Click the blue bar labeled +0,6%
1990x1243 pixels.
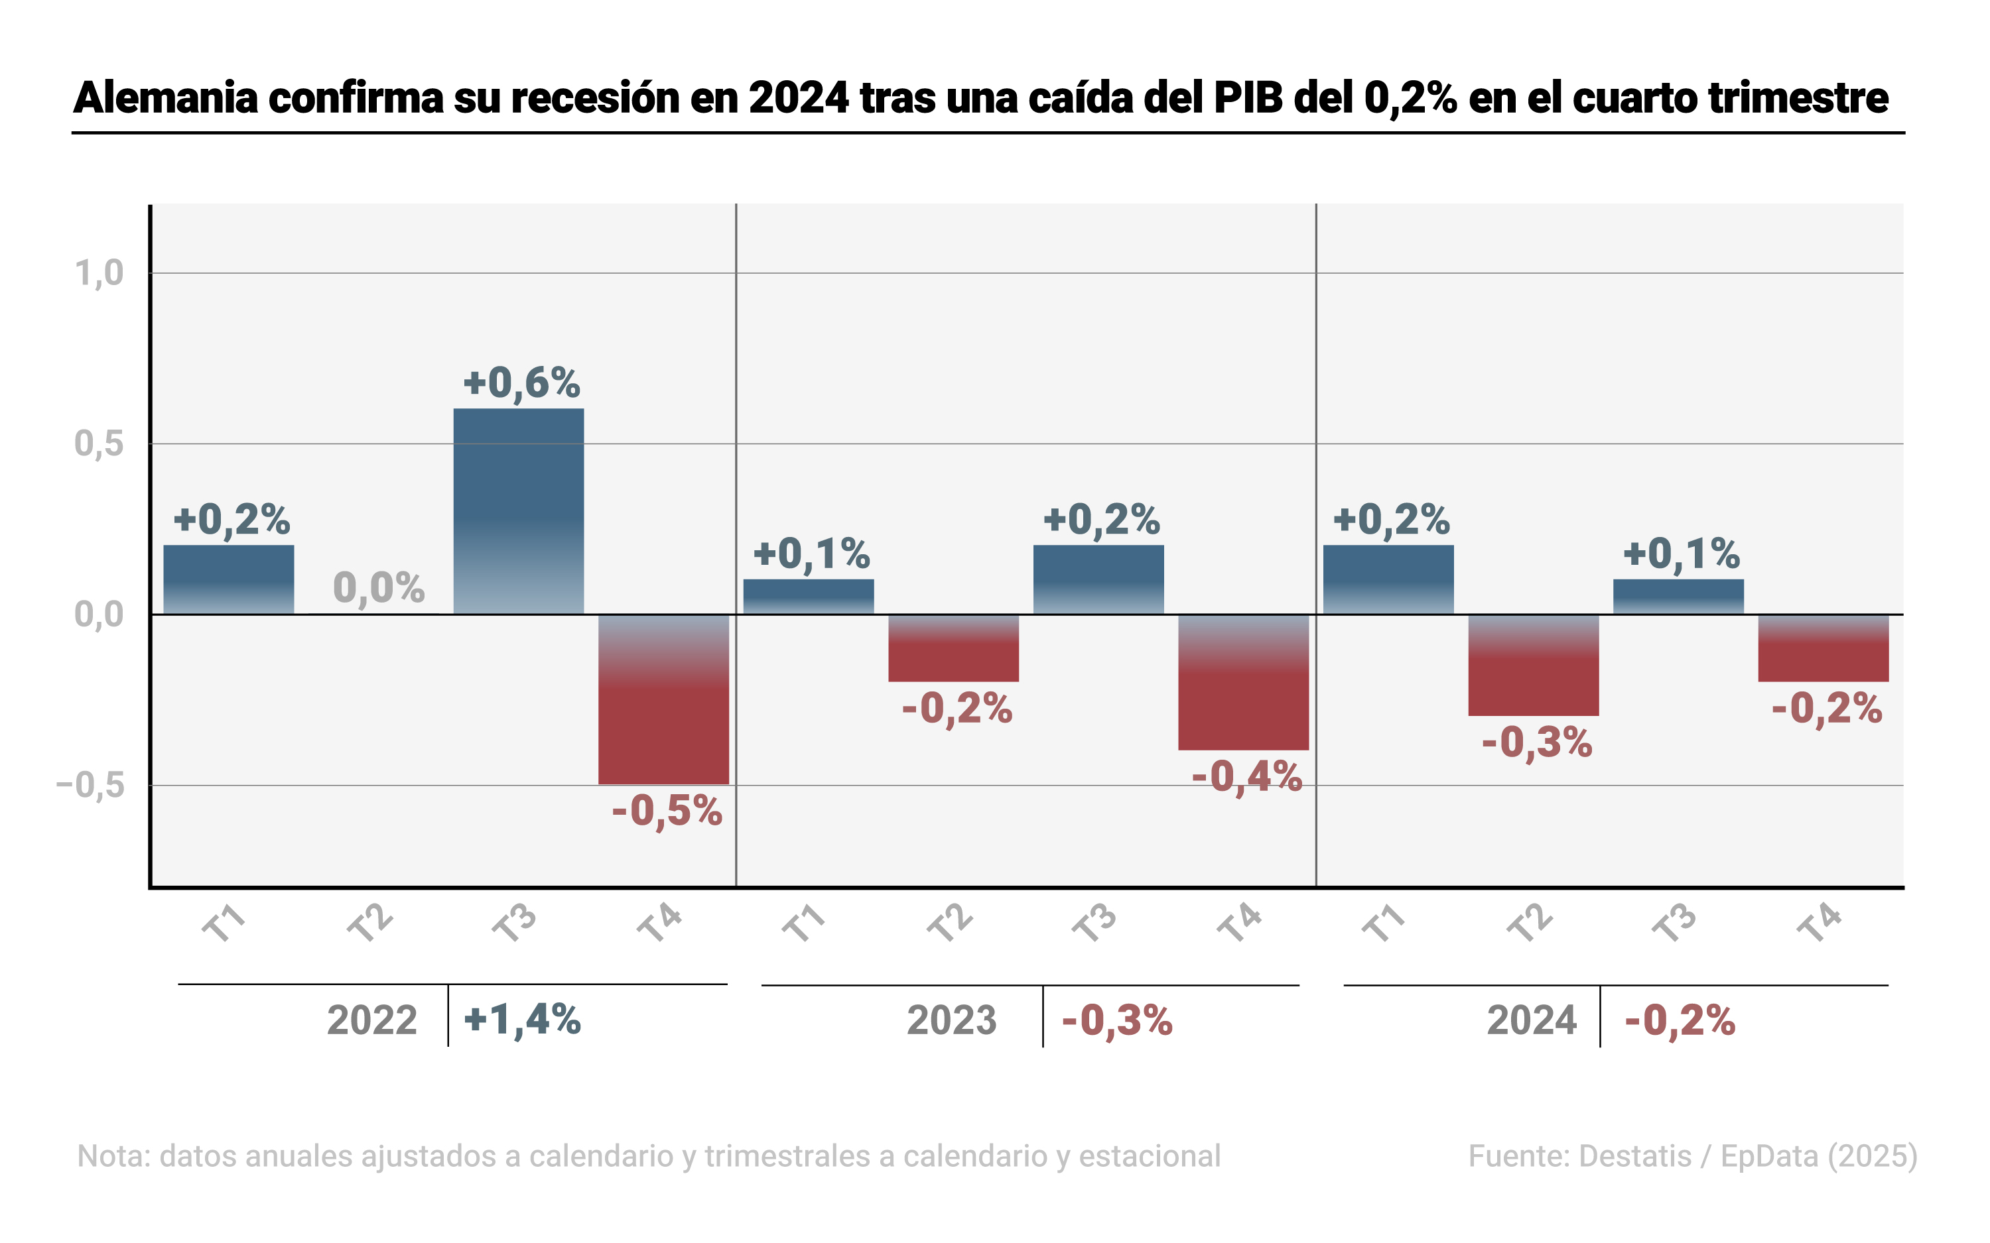519,510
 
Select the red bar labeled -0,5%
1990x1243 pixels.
663,699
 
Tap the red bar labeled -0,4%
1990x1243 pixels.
1243,681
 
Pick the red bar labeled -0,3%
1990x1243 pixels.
1534,664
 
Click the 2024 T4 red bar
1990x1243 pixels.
1823,648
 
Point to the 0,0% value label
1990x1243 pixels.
378,588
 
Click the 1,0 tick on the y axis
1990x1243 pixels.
99,273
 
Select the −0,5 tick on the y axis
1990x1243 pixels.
90,785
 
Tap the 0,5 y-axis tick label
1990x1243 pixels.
99,444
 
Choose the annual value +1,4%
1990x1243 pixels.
522,1020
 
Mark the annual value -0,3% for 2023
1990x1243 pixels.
1116,1020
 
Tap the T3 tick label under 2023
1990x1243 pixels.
1094,922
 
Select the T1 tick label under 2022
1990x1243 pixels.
224,922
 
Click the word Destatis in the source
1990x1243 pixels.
1634,1156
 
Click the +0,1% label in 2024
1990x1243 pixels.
1681,554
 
